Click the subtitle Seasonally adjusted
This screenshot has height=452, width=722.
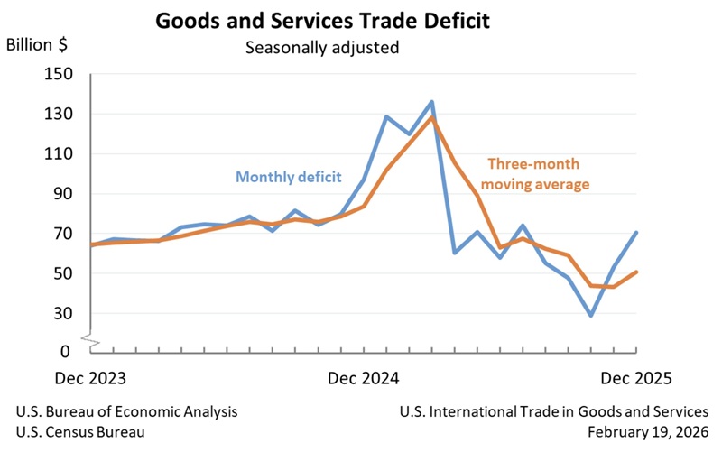[322, 47]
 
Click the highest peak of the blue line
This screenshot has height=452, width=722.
[431, 102]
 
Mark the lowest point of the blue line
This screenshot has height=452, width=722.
[591, 315]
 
